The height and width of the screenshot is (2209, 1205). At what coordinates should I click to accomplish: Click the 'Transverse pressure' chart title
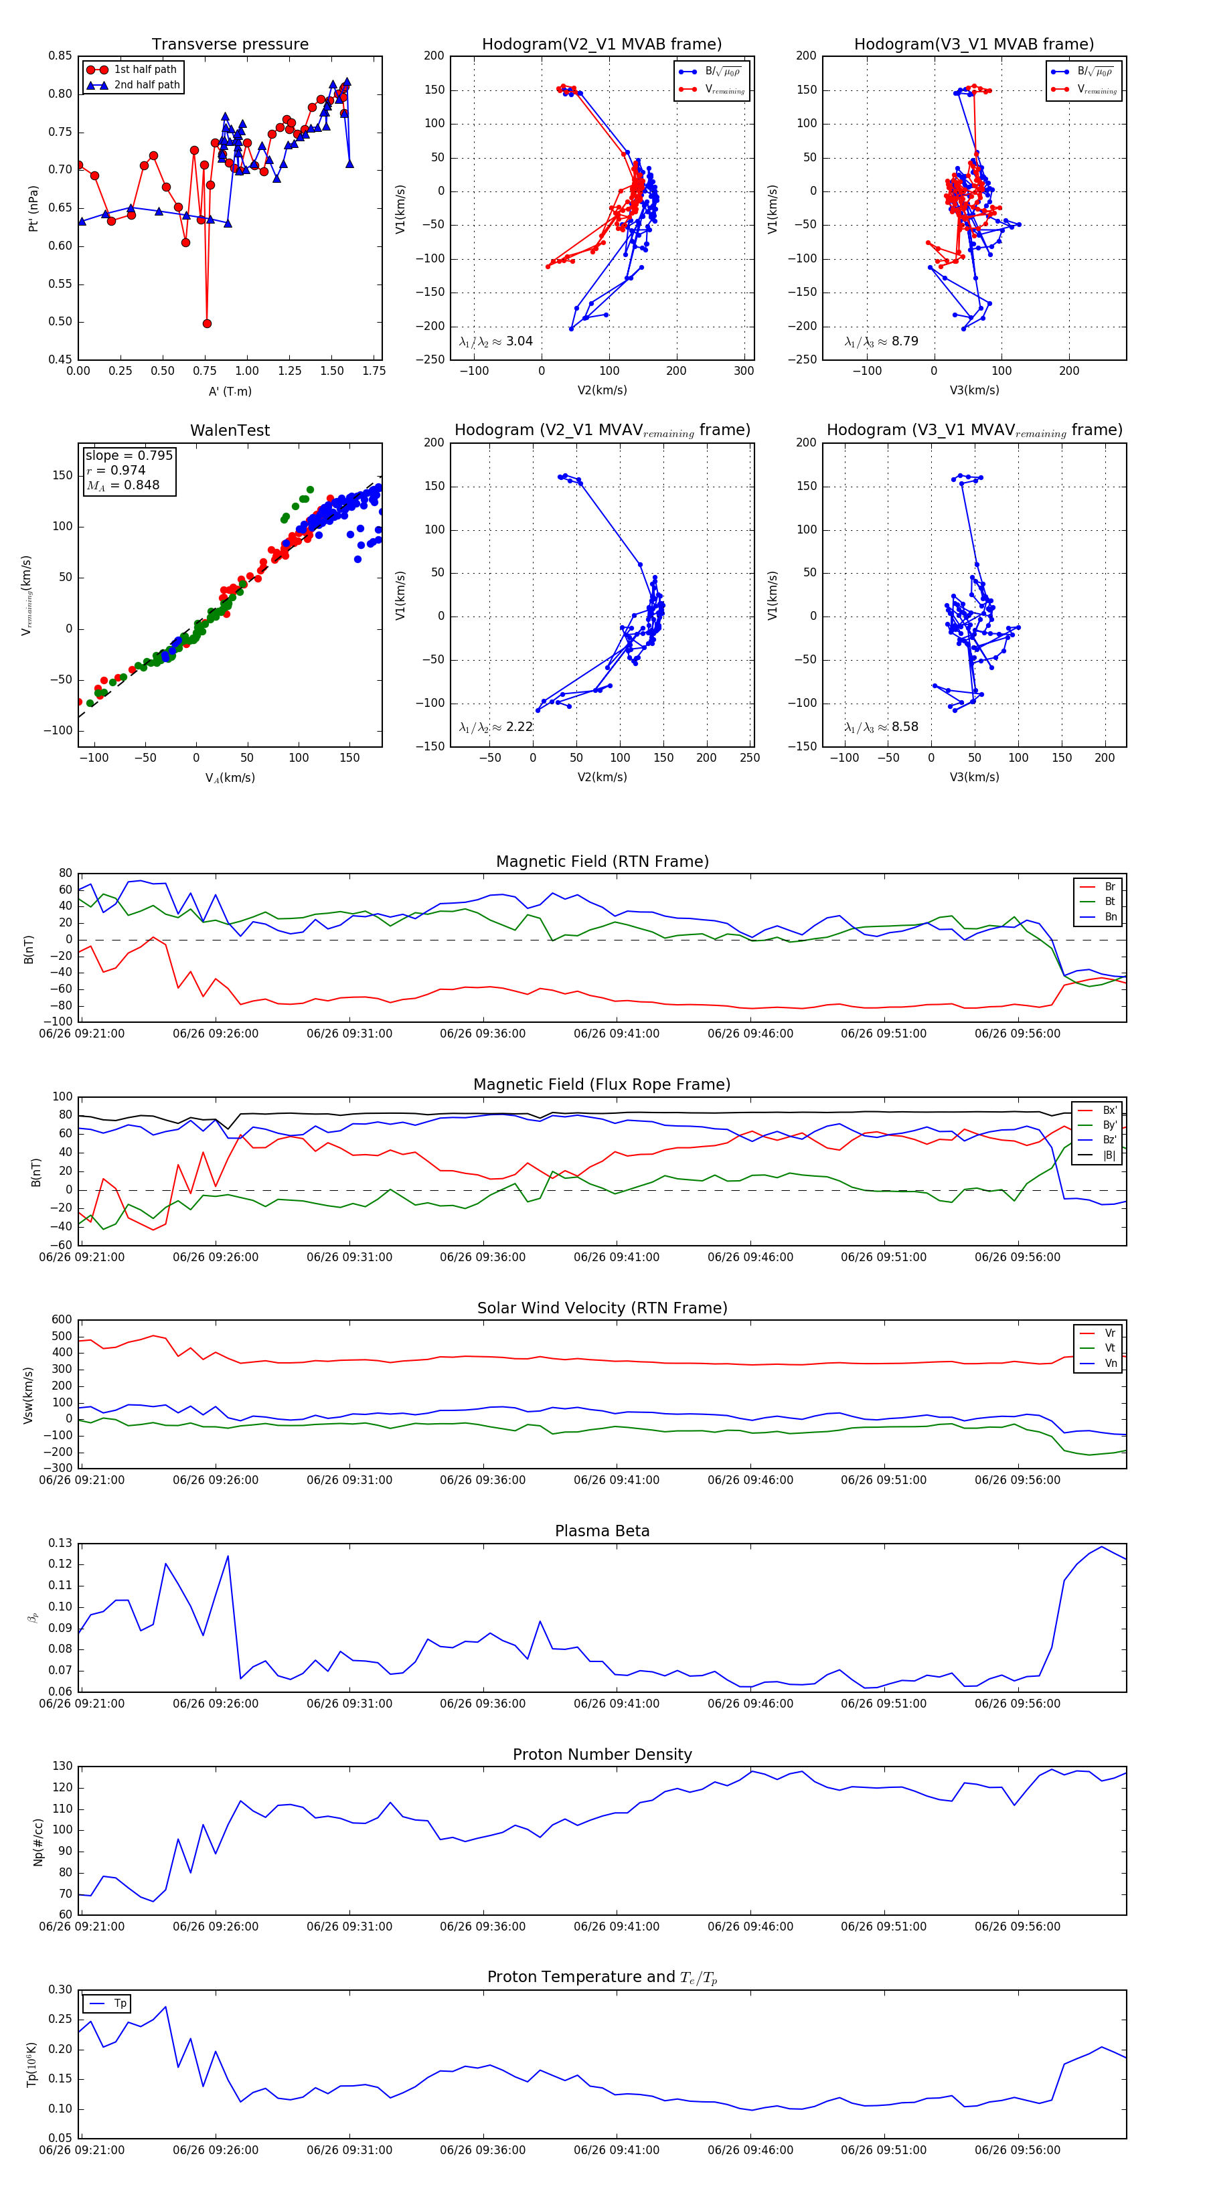pyautogui.click(x=230, y=45)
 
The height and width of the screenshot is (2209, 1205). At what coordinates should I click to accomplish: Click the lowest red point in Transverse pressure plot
pyautogui.click(x=207, y=323)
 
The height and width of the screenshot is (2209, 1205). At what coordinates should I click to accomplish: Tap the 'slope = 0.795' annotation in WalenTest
pyautogui.click(x=129, y=455)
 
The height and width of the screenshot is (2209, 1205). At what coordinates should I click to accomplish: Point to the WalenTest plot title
pyautogui.click(x=230, y=430)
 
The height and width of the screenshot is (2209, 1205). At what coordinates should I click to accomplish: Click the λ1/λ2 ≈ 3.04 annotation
pyautogui.click(x=495, y=341)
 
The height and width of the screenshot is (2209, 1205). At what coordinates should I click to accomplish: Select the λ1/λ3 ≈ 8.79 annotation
pyautogui.click(x=881, y=341)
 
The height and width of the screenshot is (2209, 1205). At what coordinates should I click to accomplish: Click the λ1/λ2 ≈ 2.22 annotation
pyautogui.click(x=495, y=727)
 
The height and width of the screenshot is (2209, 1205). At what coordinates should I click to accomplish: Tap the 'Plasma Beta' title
pyautogui.click(x=602, y=1531)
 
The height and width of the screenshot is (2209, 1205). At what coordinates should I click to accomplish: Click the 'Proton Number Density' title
pyautogui.click(x=602, y=1754)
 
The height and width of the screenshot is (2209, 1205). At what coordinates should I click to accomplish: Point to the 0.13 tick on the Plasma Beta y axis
pyautogui.click(x=60, y=1543)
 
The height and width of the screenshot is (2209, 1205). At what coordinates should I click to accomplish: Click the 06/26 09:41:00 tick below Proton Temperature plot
pyautogui.click(x=617, y=2150)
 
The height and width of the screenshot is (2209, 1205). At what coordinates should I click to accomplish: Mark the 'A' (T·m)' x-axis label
pyautogui.click(x=230, y=391)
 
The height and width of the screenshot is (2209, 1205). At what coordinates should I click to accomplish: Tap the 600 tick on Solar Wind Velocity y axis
pyautogui.click(x=62, y=1320)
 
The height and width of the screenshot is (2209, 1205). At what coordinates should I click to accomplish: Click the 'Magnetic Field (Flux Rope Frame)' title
pyautogui.click(x=602, y=1085)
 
